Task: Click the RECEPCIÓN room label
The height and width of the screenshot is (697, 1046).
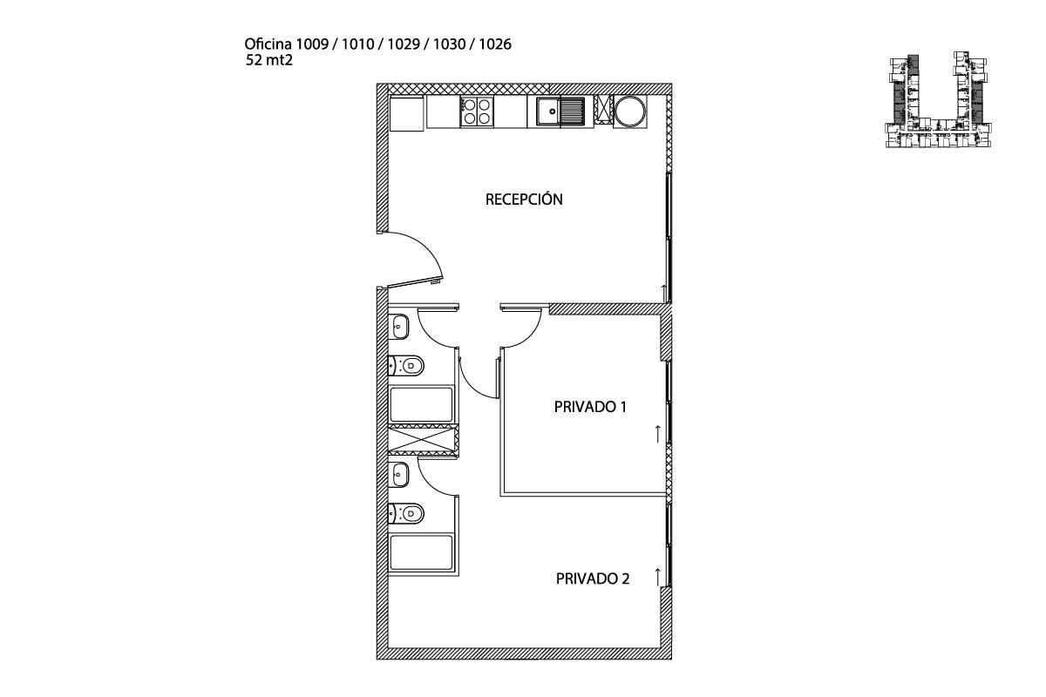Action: pos(524,200)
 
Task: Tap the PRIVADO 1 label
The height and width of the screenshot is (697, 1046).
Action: pos(590,407)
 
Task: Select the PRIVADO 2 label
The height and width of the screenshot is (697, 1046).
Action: pos(593,579)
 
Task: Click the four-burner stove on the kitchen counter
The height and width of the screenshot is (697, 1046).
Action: pos(477,112)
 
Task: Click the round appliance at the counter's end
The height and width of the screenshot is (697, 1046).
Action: pos(630,112)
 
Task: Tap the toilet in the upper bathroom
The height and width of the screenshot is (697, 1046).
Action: pos(406,365)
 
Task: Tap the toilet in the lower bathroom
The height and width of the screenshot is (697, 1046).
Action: pos(406,514)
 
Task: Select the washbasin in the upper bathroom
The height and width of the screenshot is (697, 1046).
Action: pos(399,327)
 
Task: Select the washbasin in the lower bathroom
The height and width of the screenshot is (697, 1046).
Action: pos(399,475)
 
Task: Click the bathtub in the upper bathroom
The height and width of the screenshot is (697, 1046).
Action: pos(421,405)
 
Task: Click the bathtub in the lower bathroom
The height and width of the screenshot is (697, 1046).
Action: pos(421,553)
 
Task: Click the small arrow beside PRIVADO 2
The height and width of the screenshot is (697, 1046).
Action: pos(658,577)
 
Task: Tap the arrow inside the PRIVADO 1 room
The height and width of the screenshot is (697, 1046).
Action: pos(658,434)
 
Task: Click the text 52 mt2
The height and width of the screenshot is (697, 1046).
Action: pos(269,60)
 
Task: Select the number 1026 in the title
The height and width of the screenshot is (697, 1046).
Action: pos(495,44)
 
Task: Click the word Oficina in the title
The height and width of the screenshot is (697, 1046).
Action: pos(268,44)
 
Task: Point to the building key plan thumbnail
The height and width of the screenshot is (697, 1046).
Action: pos(938,99)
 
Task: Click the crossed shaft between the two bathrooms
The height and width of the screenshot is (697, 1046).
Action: pos(424,440)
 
